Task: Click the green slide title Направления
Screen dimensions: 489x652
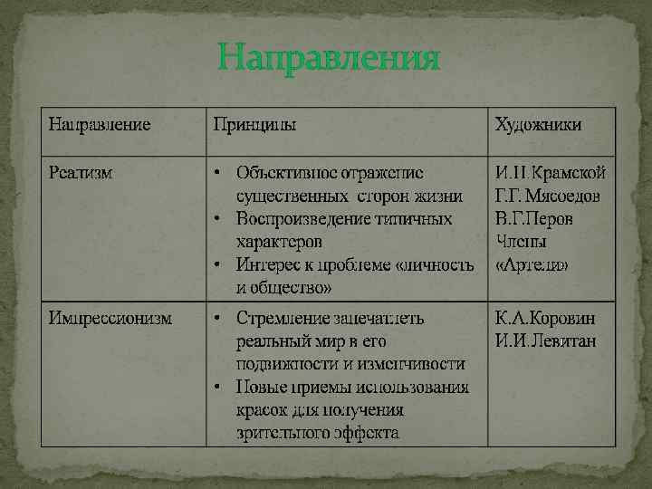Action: point(329,60)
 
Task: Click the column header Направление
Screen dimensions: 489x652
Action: point(100,123)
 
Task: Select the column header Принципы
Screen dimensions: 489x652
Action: point(254,123)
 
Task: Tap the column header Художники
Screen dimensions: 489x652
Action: point(538,123)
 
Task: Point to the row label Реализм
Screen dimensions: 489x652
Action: point(81,172)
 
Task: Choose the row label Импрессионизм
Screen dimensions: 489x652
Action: point(111,319)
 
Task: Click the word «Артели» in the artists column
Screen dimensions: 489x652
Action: point(532,265)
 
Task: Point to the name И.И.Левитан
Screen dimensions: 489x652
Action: point(545,341)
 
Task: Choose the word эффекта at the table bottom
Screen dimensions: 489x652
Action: point(367,433)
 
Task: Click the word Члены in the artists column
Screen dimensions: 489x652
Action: point(522,242)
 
